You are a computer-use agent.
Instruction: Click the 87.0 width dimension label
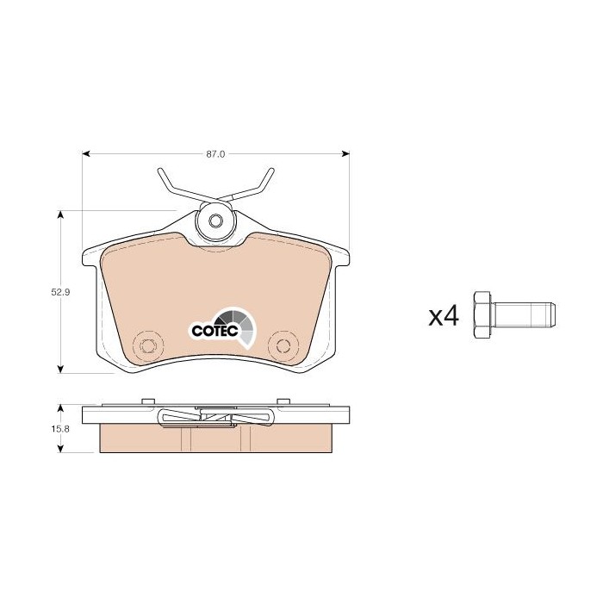(x=215, y=154)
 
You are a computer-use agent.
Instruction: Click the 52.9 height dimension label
(x=60, y=292)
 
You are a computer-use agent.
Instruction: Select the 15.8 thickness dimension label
(x=60, y=429)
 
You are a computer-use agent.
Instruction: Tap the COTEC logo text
(x=215, y=331)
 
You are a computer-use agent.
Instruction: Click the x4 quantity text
(x=444, y=316)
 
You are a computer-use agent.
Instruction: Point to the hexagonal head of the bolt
(x=482, y=315)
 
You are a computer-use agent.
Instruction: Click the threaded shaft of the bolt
(x=523, y=315)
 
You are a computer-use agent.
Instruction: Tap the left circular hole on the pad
(x=147, y=345)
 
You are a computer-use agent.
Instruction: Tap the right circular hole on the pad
(x=283, y=345)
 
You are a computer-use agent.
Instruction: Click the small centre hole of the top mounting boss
(x=215, y=221)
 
